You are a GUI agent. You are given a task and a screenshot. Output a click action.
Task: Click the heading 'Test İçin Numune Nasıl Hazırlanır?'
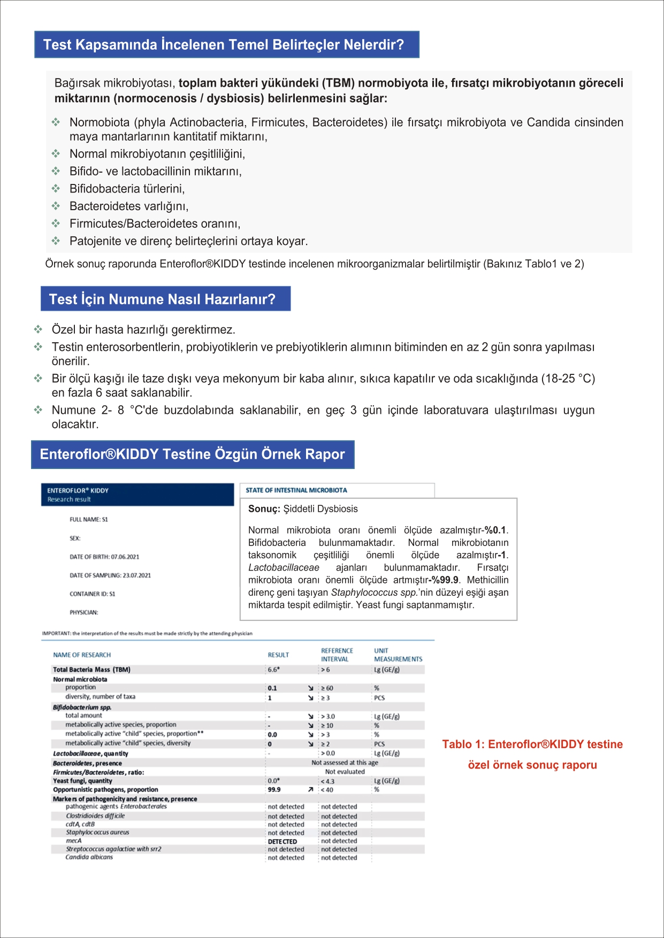pyautogui.click(x=162, y=299)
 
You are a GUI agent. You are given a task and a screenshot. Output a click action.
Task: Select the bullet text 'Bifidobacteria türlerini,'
pyautogui.click(x=127, y=189)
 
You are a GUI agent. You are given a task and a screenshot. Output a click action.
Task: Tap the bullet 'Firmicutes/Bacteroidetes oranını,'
pyautogui.click(x=155, y=224)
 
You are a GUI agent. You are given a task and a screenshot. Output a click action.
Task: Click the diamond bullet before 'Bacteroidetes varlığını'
pyautogui.click(x=56, y=206)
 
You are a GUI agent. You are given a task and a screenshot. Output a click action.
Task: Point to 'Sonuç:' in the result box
pyautogui.click(x=264, y=509)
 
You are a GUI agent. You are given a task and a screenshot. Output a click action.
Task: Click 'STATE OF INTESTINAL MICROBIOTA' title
pyautogui.click(x=296, y=490)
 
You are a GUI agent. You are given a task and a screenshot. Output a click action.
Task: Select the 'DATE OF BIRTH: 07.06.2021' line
pyautogui.click(x=104, y=557)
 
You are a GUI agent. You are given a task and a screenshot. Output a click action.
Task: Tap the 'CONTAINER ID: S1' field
pyautogui.click(x=92, y=594)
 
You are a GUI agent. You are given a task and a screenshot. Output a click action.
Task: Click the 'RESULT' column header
pyautogui.click(x=278, y=655)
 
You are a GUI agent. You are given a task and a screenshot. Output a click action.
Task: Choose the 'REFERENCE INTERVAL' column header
pyautogui.click(x=337, y=655)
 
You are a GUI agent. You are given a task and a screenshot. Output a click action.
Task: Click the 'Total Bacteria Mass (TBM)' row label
pyautogui.click(x=91, y=670)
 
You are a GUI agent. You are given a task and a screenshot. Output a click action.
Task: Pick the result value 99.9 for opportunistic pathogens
pyautogui.click(x=274, y=789)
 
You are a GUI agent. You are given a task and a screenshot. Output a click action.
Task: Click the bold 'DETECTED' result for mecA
pyautogui.click(x=282, y=841)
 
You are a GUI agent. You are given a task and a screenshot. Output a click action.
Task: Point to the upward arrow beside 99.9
pyautogui.click(x=310, y=789)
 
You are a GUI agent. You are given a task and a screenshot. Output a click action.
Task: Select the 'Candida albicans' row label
pyautogui.click(x=89, y=857)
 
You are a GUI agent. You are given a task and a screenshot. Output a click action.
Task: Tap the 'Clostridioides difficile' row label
pyautogui.click(x=95, y=816)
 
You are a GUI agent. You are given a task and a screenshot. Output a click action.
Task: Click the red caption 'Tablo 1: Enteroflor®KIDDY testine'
pyautogui.click(x=532, y=744)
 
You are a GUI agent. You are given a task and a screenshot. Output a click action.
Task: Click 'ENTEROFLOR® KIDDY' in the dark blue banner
pyautogui.click(x=78, y=490)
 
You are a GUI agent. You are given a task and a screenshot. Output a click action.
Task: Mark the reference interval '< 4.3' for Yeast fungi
pyautogui.click(x=327, y=781)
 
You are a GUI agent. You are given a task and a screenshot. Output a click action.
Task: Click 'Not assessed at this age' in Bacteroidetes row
pyautogui.click(x=345, y=763)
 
